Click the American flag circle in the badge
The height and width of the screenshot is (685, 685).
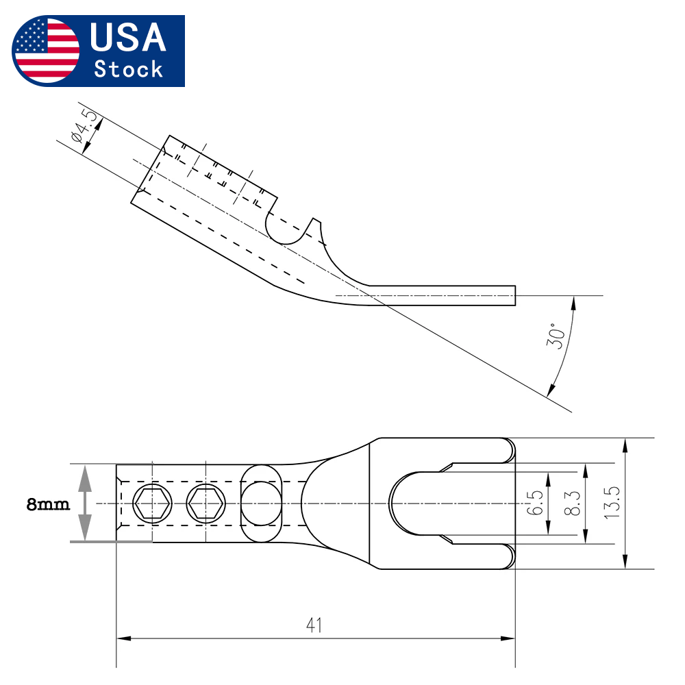[46, 51]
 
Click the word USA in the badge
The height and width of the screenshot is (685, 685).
[128, 37]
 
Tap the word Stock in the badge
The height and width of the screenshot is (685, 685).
[129, 69]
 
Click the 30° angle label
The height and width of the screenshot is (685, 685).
[556, 336]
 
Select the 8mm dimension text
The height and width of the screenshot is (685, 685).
[48, 504]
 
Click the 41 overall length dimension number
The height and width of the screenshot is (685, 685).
[314, 625]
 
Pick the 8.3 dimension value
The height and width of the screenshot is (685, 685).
[572, 503]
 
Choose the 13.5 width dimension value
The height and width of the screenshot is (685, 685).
[612, 502]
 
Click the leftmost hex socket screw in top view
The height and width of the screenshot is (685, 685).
[152, 503]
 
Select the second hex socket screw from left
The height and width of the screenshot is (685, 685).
[206, 503]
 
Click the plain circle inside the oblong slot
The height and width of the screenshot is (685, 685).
[261, 503]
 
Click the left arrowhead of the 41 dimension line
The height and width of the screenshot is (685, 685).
[124, 638]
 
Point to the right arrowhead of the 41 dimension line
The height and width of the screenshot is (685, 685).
[508, 638]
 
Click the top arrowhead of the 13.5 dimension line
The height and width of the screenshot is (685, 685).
[625, 446]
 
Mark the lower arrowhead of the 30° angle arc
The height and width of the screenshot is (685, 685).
[551, 390]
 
